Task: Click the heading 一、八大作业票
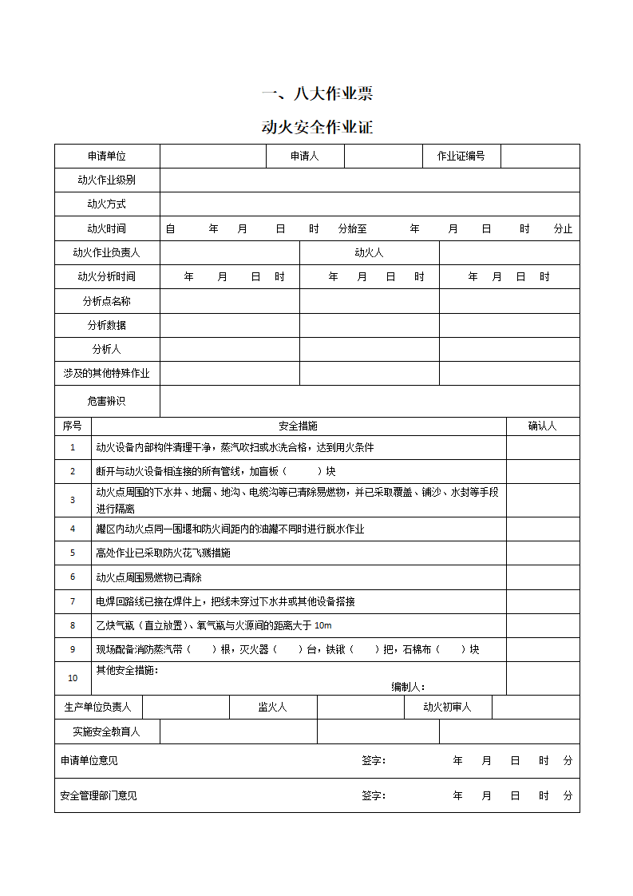click(317, 93)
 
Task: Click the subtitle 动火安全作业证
click(317, 126)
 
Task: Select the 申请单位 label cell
click(107, 157)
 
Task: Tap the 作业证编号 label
click(461, 157)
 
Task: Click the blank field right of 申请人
click(383, 157)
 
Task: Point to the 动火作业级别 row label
click(107, 180)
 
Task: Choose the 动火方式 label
click(107, 204)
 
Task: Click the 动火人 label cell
click(369, 253)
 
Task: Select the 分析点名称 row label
click(107, 301)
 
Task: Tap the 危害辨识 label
click(107, 401)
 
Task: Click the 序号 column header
click(73, 426)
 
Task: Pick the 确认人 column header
click(543, 426)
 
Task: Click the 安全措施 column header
click(299, 426)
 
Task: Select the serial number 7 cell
click(73, 601)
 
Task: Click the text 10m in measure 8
click(322, 625)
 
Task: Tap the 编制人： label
click(408, 687)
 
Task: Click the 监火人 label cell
click(273, 708)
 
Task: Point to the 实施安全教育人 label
click(107, 731)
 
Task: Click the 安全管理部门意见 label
click(99, 795)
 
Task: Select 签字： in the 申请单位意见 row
click(374, 761)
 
